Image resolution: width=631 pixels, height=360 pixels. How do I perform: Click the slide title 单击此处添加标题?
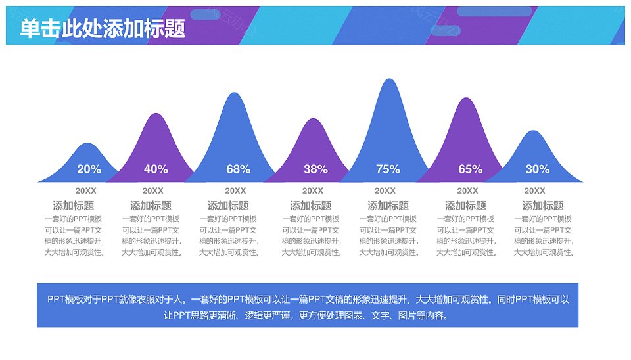(103, 29)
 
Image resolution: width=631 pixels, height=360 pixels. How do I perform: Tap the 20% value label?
(89, 169)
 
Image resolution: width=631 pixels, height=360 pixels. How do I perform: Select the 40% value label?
(156, 169)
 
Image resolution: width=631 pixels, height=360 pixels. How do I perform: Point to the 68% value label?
(238, 169)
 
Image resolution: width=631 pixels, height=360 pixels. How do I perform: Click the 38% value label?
(315, 169)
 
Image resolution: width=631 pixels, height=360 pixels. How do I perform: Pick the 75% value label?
(388, 169)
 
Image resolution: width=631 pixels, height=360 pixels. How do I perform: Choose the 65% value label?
(471, 169)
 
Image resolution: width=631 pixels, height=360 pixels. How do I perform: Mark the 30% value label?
(537, 169)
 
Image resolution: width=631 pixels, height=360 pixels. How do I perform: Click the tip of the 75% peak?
(389, 78)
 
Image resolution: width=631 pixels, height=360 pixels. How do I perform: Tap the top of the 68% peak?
(234, 93)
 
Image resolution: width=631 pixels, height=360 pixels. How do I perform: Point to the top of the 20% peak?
(87, 143)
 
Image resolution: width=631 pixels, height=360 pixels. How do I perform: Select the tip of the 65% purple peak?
(466, 97)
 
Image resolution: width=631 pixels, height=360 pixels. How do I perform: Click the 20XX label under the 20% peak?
(85, 191)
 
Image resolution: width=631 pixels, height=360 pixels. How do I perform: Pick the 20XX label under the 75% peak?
(385, 191)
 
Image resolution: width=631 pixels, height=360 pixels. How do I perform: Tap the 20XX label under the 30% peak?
(534, 191)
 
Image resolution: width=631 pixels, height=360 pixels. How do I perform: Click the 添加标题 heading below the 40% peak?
(151, 206)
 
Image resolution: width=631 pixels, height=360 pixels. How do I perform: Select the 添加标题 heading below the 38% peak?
(311, 206)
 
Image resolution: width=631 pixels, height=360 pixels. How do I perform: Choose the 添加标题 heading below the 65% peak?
(465, 206)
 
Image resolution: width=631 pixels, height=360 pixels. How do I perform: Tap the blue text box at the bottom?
(308, 305)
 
